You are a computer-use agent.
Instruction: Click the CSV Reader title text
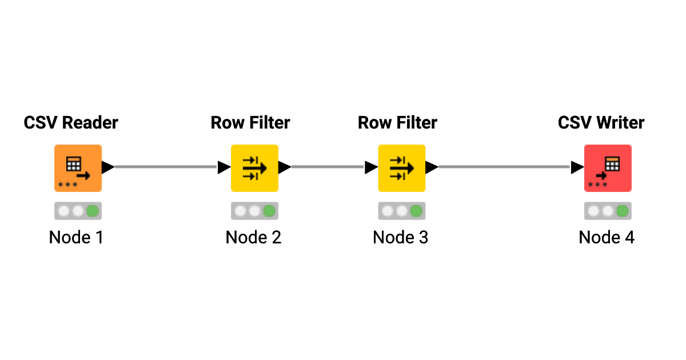point(71,122)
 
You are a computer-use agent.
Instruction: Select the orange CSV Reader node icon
point(78,168)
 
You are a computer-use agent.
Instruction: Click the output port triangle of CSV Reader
point(108,167)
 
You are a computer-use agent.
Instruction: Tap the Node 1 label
point(76,237)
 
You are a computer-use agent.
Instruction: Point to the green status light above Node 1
point(92,211)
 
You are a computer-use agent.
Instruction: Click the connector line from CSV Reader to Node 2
point(166,167)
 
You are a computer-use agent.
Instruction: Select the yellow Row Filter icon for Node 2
point(254,168)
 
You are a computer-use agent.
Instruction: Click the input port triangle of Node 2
point(224,167)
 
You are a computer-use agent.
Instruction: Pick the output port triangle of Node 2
point(285,167)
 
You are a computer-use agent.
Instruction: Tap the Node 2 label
point(253,237)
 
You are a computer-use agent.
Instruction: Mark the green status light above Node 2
point(269,211)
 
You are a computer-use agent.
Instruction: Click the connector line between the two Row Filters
point(328,167)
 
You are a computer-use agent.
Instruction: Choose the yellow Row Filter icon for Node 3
point(401,168)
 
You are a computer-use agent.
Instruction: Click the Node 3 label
point(400,237)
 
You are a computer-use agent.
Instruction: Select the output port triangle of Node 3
point(432,167)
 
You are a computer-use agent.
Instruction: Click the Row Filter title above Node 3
point(397,122)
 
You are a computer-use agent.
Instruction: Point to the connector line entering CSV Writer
point(503,167)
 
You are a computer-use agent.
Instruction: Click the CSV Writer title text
point(601,122)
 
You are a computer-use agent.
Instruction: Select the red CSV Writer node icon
point(608,168)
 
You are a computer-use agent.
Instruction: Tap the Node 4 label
point(607,237)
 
